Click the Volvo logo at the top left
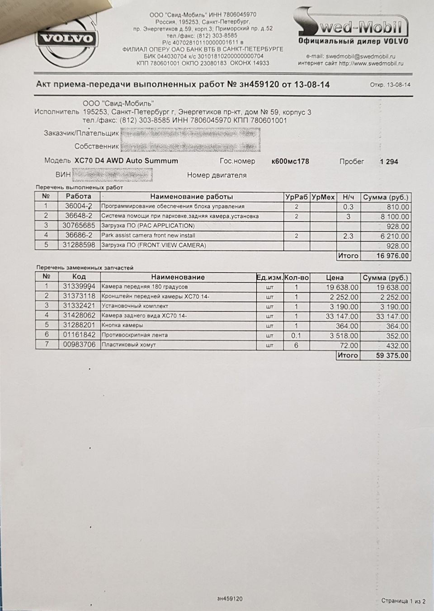(66, 39)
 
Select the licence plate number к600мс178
(290, 161)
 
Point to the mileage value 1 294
(389, 161)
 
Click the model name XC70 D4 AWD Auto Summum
(126, 161)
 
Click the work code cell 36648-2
(79, 216)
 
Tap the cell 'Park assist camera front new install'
(148, 236)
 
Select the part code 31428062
(79, 316)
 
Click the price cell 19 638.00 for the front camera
(342, 287)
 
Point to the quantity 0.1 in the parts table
(296, 336)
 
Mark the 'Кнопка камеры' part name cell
(123, 326)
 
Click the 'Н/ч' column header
(348, 197)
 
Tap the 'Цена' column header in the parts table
(335, 277)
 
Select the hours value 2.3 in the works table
(348, 236)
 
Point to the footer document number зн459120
(230, 599)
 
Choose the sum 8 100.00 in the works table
(394, 216)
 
